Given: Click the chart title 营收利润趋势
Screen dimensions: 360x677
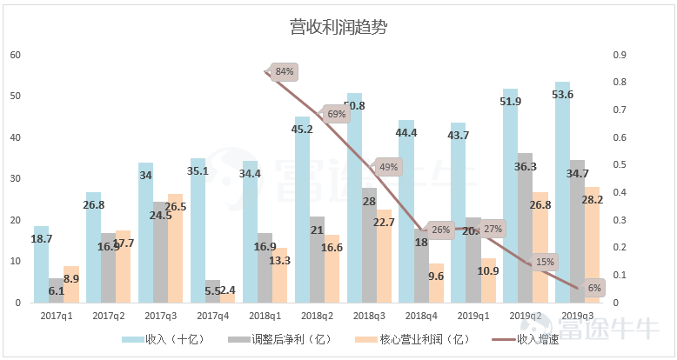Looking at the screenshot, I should [x=338, y=27].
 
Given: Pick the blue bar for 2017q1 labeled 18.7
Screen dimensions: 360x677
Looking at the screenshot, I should [x=41, y=265].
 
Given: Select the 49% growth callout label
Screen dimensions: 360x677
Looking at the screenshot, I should [x=388, y=167].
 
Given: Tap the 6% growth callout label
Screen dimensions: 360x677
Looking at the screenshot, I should [x=594, y=288].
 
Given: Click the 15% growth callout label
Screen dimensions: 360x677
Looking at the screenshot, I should [x=545, y=262].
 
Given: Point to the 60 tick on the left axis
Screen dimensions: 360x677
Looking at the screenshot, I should [x=15, y=55].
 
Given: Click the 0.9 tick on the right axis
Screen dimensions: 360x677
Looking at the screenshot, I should [x=620, y=55].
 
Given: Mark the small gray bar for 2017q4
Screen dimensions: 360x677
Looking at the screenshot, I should [x=211, y=291].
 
